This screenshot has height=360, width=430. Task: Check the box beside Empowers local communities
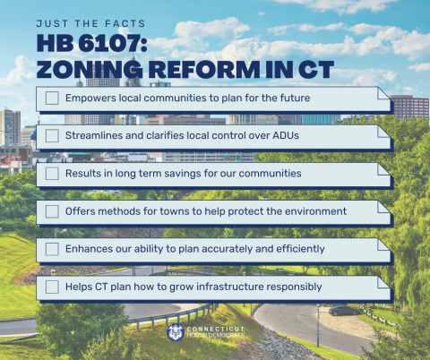pos(52,98)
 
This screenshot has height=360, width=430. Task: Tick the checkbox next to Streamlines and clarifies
pos(52,135)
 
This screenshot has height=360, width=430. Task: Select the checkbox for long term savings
pos(52,173)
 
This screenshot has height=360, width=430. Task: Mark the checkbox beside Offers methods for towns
pos(52,210)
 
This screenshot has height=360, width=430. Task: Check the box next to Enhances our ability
pos(52,248)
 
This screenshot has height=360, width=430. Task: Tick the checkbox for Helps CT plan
pos(52,287)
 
